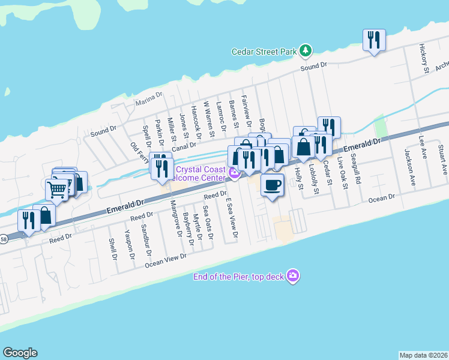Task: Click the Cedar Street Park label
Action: pos(265,51)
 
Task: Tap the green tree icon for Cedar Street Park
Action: pos(306,50)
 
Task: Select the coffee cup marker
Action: pos(273,185)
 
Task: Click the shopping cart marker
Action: pos(57,191)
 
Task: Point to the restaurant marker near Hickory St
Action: pos(374,40)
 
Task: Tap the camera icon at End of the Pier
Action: pos(293,275)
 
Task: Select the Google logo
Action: pos(20,353)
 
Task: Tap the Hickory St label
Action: pos(424,59)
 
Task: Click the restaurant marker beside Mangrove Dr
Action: pos(160,167)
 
